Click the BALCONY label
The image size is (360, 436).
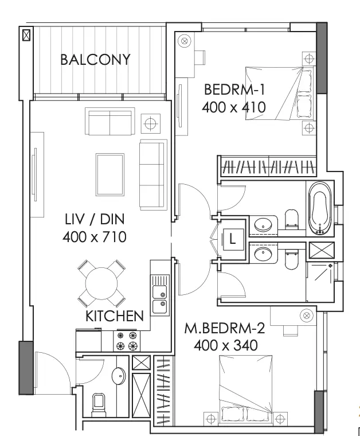(95, 60)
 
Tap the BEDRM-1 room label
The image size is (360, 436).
(234, 89)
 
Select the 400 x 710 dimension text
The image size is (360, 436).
(95, 237)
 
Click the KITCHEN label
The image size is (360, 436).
(115, 316)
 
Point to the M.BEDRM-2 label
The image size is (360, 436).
(225, 328)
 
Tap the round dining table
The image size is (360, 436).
(101, 283)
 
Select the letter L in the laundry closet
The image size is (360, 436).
(232, 239)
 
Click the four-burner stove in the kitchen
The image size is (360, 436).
(127, 341)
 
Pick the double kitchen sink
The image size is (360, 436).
(160, 295)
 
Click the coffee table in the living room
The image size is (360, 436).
(110, 175)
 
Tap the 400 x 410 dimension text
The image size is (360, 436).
(234, 107)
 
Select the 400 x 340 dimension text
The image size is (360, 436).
(225, 345)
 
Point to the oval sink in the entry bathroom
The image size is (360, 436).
(119, 376)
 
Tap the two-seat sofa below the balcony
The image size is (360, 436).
(110, 122)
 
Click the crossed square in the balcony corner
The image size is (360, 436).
(26, 35)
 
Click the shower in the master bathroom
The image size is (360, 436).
(320, 281)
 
